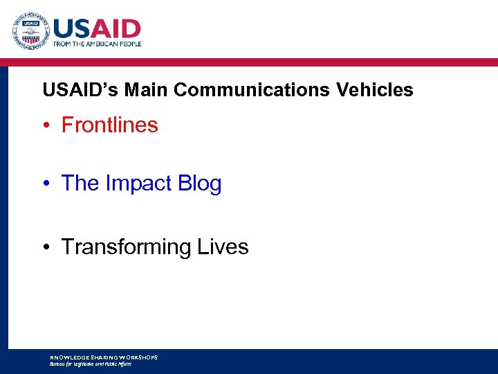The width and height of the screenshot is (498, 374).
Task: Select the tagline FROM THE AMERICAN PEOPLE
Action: (x=98, y=44)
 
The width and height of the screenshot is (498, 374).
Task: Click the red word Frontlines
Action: (x=109, y=125)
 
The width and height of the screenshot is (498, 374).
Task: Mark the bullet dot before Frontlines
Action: (x=46, y=126)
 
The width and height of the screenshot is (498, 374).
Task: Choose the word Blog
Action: (x=199, y=184)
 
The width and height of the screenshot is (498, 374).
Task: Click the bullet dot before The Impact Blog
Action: (x=46, y=184)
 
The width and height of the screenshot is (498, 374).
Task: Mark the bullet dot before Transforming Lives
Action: (x=46, y=247)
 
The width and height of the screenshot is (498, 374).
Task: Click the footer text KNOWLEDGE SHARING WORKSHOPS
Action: (x=104, y=357)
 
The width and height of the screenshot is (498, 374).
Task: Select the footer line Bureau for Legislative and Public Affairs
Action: (x=90, y=364)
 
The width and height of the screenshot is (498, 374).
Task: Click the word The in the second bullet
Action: (x=80, y=184)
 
